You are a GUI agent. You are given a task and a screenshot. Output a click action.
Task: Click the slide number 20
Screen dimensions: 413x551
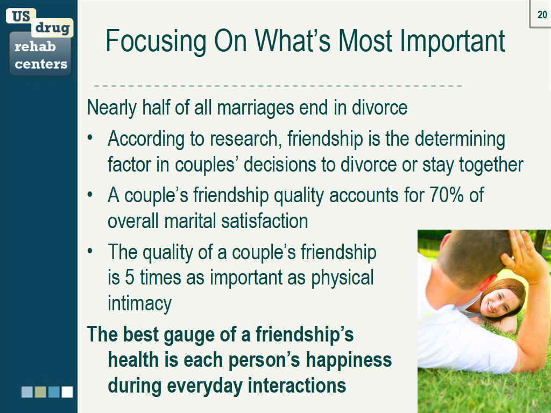[x=542, y=14]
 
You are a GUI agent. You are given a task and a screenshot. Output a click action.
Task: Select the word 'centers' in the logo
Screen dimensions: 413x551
[x=41, y=65]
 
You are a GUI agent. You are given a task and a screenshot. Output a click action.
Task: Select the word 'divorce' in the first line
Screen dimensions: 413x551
[x=379, y=108]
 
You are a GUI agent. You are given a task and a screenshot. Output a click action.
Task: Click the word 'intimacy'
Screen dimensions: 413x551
[x=139, y=304]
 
